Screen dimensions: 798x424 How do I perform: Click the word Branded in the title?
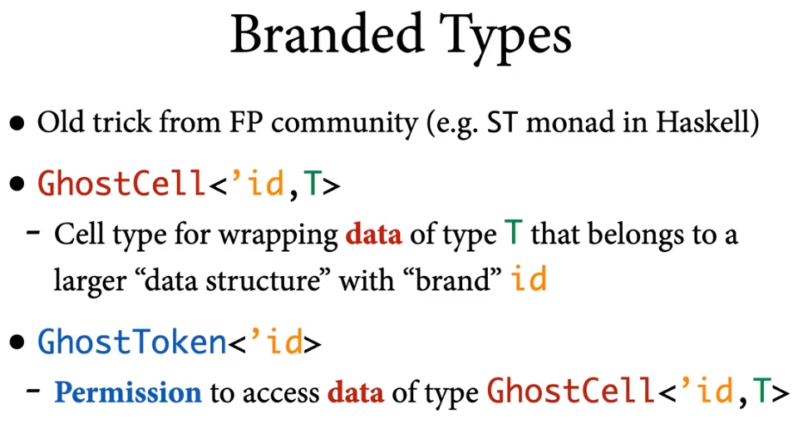328,34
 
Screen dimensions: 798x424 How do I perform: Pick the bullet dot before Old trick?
17,124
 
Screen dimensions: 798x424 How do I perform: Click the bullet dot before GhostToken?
17,343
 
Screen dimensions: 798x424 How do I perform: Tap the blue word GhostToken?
132,342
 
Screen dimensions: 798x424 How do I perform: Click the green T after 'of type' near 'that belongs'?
514,233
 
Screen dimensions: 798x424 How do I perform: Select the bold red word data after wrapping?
373,234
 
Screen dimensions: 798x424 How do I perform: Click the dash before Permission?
33,391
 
